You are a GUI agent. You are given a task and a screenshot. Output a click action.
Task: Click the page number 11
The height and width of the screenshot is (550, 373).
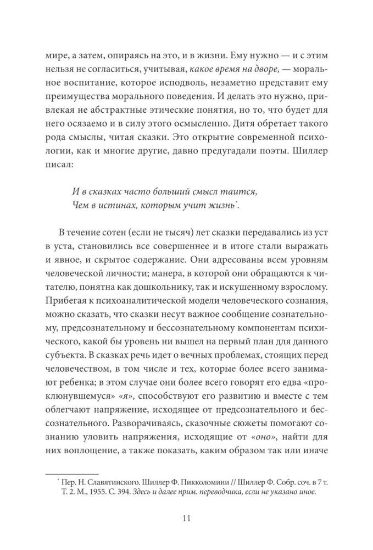click(x=186, y=518)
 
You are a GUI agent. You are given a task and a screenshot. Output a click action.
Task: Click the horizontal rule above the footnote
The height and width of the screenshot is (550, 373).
click(x=71, y=473)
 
